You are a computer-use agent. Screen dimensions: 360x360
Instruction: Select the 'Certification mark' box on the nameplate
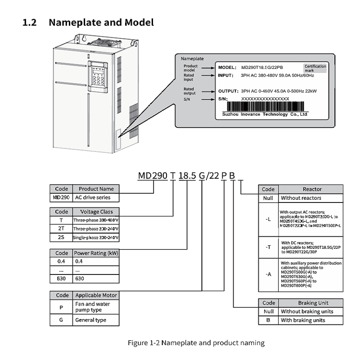pos(315,68)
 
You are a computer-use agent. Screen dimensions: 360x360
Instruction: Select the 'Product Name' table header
pos(96,189)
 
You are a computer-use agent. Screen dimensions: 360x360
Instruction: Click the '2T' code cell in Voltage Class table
pos(61,229)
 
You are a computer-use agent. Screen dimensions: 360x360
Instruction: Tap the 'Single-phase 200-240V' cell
pos(96,237)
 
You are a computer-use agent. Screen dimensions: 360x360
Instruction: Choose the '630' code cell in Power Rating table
pos(61,279)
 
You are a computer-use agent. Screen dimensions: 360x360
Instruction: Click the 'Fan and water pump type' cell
pos(96,307)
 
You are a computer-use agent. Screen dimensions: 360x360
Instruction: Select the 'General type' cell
pos(96,320)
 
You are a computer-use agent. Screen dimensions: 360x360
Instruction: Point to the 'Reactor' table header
pos(312,189)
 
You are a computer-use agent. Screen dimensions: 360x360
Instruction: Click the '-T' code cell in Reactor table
pos(268,247)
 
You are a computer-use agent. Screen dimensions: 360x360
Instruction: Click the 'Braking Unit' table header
pos(312,303)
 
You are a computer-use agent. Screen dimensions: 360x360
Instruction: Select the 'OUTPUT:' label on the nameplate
pos(228,91)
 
